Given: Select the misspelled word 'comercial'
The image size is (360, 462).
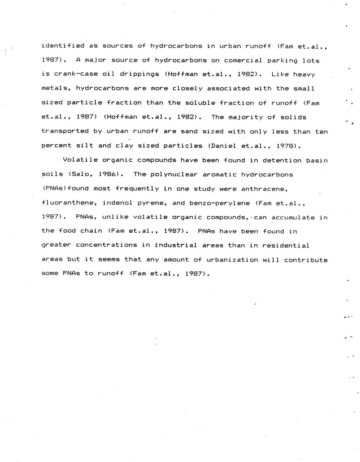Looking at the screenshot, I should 243,61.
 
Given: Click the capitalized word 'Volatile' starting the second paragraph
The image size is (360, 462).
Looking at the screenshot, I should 80,160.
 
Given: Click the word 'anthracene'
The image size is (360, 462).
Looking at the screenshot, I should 264,189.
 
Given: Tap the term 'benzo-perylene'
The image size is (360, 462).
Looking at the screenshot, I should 219,203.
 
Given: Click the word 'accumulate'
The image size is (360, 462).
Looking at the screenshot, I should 293,218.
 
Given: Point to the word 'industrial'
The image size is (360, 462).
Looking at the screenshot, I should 176,245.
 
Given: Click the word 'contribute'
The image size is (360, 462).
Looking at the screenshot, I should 306,260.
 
